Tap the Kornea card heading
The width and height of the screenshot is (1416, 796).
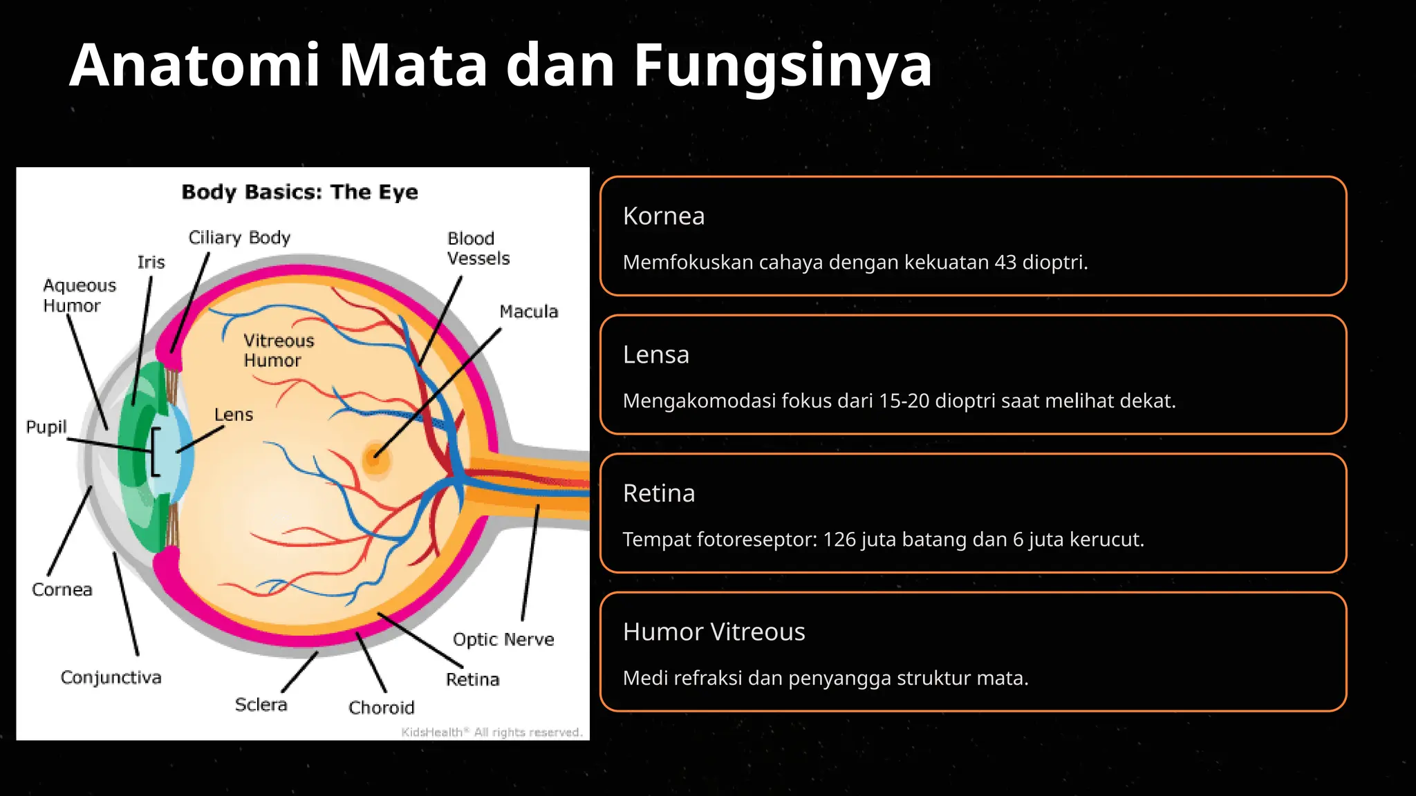[x=664, y=216]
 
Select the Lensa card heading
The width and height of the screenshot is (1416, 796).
[x=655, y=355]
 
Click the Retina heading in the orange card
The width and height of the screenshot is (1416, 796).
[x=658, y=493]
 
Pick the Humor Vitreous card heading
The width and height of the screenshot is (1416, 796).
[x=714, y=632]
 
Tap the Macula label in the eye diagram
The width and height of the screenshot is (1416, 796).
[x=528, y=312]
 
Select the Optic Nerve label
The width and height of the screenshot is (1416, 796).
[x=503, y=640]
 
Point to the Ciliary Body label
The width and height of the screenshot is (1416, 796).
[x=239, y=238]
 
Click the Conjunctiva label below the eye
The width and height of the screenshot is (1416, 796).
[x=111, y=677]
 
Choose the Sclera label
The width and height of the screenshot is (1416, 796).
[x=261, y=705]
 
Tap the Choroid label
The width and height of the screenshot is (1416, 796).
[x=381, y=708]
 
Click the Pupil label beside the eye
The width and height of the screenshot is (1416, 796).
[x=46, y=427]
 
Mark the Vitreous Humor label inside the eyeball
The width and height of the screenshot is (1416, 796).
[x=278, y=350]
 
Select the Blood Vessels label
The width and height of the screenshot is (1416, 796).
[x=478, y=249]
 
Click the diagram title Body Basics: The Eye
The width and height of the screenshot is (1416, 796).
[x=299, y=192]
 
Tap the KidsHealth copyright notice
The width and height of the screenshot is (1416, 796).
[x=492, y=732]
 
